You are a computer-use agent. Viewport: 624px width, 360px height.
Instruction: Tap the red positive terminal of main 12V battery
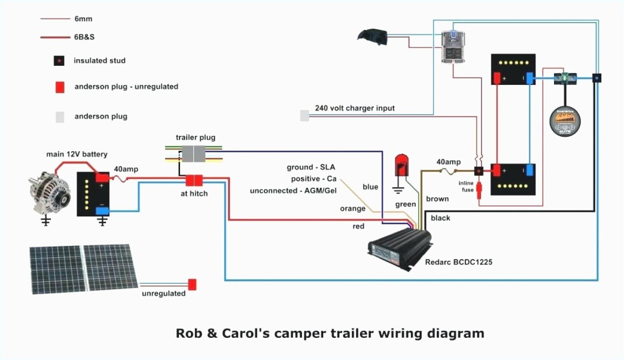tap(102, 178)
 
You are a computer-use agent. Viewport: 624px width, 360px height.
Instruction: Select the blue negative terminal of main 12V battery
tap(102, 209)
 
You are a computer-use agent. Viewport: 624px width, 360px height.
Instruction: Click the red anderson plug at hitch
tap(194, 180)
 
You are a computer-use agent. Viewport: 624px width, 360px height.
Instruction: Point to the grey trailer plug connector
tap(194, 153)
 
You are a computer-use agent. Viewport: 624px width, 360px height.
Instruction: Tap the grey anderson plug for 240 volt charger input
tap(305, 115)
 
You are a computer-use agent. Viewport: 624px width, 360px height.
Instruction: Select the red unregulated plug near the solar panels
tap(192, 285)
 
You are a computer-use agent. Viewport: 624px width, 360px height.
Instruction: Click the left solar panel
tap(57, 269)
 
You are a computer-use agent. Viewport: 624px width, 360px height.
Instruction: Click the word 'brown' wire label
tap(437, 199)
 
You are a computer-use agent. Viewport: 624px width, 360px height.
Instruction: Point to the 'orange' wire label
tap(352, 209)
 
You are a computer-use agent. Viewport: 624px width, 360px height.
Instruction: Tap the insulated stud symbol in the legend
tap(59, 61)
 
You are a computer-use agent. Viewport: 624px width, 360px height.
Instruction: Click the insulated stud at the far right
tap(596, 78)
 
